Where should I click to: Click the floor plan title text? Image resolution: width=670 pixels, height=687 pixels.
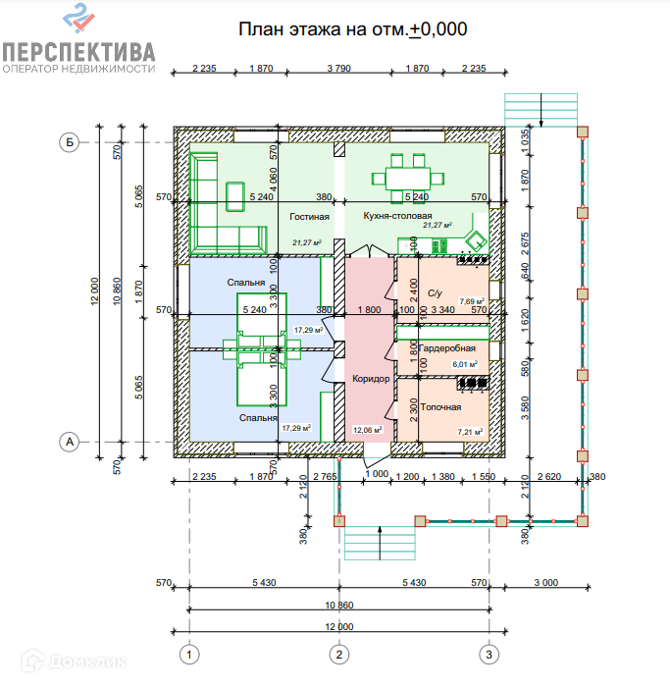(x=353, y=28)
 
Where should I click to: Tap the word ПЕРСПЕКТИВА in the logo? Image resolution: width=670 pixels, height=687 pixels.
(x=78, y=51)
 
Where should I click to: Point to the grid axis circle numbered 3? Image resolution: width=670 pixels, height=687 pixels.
(x=488, y=653)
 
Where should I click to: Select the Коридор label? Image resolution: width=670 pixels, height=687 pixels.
(x=370, y=379)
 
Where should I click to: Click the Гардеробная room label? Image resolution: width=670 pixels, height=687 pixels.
(x=447, y=348)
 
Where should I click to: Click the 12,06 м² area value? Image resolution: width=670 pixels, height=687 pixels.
(x=370, y=429)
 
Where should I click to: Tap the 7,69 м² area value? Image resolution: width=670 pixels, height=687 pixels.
(x=472, y=302)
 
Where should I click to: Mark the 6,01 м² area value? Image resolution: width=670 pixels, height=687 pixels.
(x=466, y=364)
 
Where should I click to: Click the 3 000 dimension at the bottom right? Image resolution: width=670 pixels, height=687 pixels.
(x=545, y=583)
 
